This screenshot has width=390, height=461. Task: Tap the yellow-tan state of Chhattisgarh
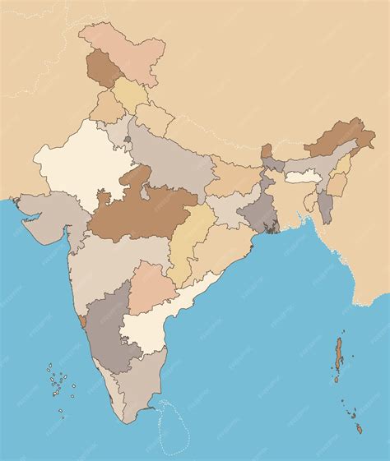click(191, 238)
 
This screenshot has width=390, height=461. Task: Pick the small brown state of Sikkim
click(267, 152)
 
